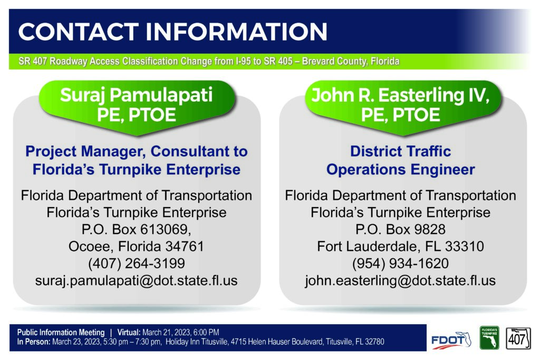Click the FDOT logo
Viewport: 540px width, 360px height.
[451, 340]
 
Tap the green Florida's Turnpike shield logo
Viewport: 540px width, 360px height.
[489, 338]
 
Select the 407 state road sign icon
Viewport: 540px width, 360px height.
[518, 338]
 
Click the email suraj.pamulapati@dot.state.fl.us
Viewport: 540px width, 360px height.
[137, 281]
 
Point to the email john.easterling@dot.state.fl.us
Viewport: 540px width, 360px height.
[400, 281]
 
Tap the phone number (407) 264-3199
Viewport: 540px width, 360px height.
[137, 264]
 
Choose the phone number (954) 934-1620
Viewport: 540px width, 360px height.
[400, 264]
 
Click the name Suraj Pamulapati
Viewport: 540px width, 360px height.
[137, 95]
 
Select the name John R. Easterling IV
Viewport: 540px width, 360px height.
[400, 95]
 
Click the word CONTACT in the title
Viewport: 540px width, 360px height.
[79, 32]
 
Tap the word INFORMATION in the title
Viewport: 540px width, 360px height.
[236, 32]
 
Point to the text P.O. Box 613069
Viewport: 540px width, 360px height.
[136, 230]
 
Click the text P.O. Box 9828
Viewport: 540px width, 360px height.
[400, 230]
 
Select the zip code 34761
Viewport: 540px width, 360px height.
[185, 247]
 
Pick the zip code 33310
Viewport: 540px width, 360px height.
[465, 247]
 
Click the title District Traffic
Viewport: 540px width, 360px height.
[401, 151]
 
